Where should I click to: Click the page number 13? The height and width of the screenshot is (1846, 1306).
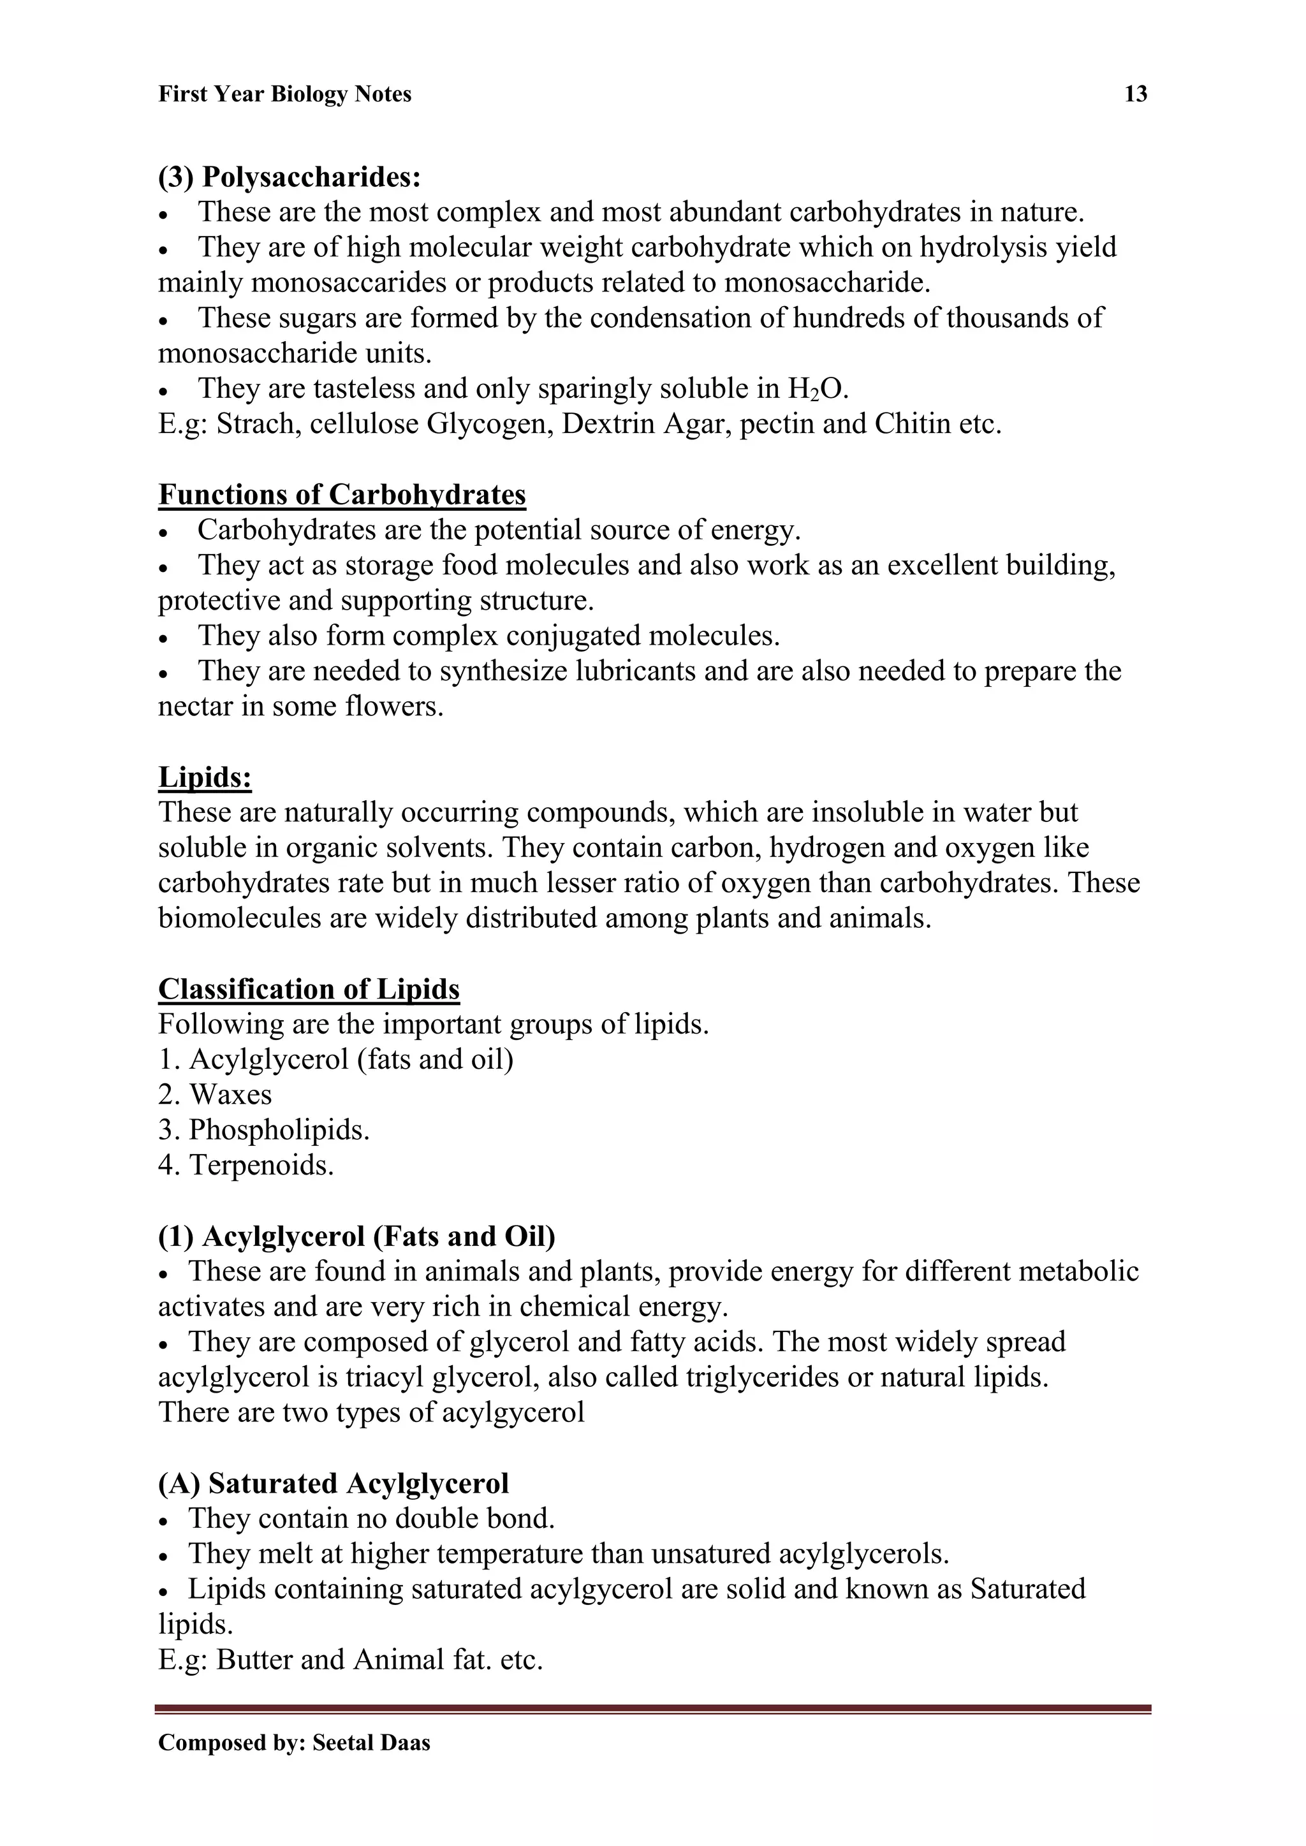coord(1134,94)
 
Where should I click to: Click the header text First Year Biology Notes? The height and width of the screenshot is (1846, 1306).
coord(284,94)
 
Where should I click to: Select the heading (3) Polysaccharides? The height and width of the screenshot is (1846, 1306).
coord(290,177)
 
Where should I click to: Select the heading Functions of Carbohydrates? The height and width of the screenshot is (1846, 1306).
coord(342,494)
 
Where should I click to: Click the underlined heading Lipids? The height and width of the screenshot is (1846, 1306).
coord(205,777)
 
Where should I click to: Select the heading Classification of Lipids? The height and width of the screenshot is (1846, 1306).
coord(309,989)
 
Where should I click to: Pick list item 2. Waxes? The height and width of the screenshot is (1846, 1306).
coord(216,1095)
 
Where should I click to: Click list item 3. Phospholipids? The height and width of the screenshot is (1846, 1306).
coord(264,1131)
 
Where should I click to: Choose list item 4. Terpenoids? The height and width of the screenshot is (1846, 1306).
coord(246,1165)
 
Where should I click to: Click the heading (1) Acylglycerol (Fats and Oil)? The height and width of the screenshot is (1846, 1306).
coord(357,1236)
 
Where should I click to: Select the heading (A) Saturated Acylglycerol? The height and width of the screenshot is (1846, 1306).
coord(334,1483)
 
